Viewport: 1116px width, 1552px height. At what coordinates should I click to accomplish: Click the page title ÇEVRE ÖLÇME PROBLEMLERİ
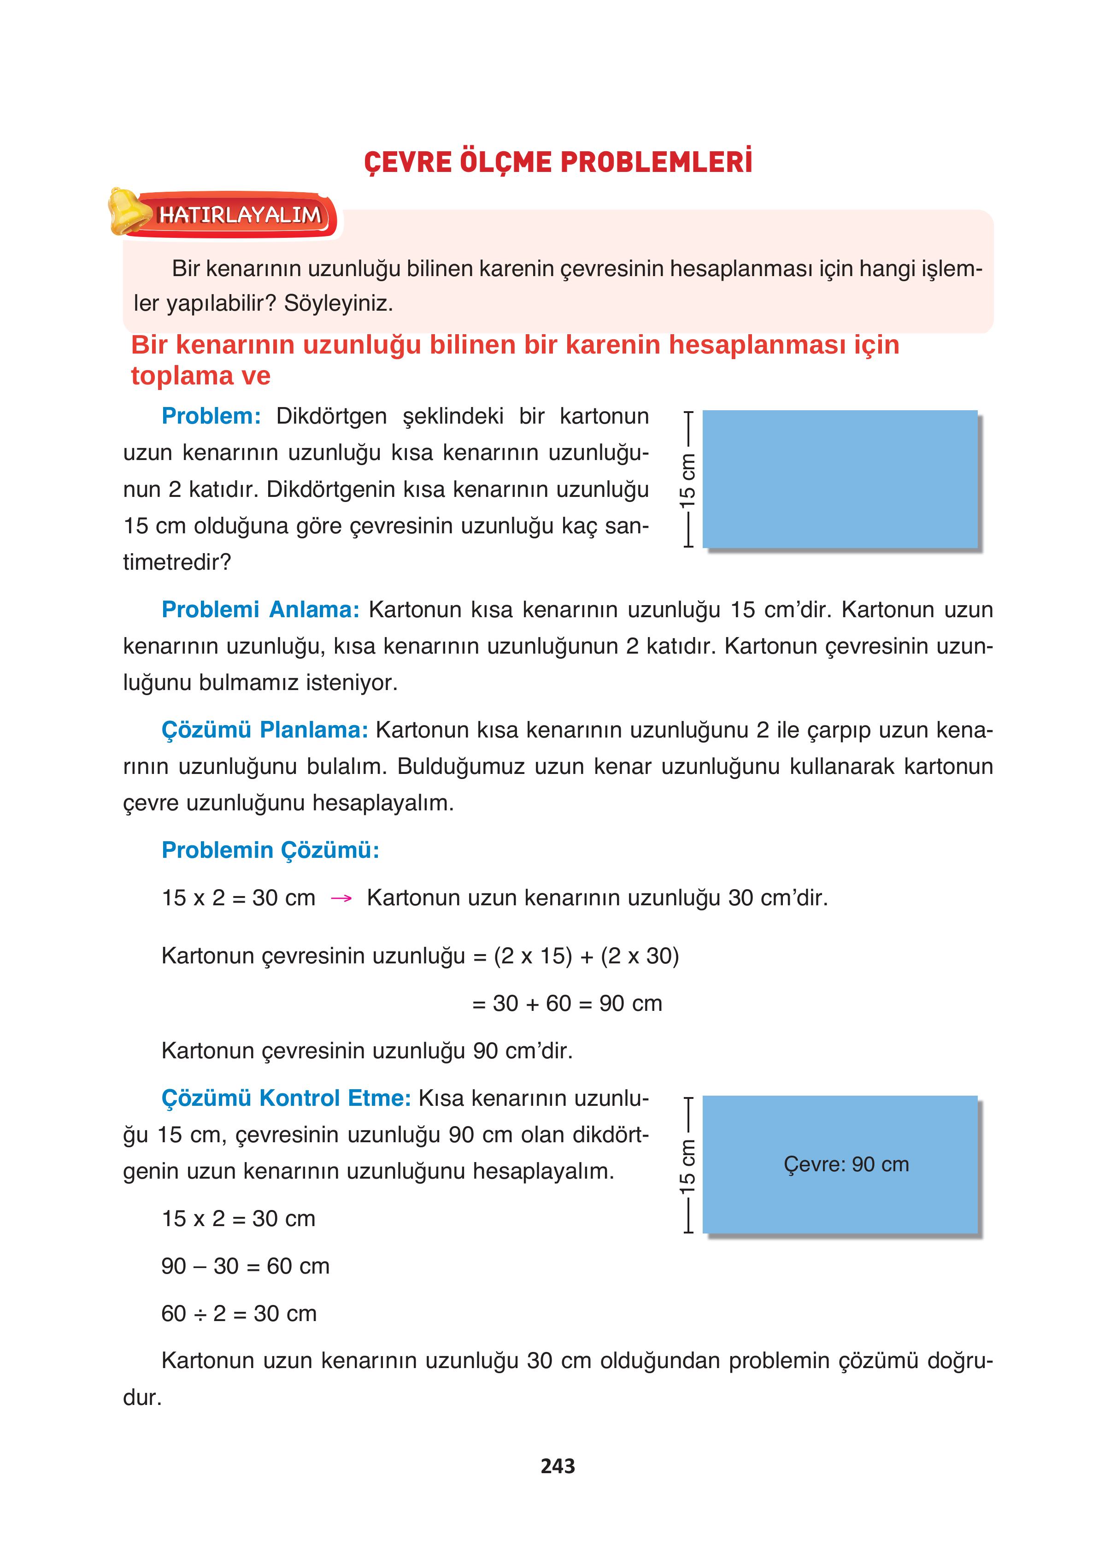(558, 163)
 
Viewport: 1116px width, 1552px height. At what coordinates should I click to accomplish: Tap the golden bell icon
(127, 212)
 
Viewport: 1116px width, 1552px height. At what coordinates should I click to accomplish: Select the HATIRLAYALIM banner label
(240, 215)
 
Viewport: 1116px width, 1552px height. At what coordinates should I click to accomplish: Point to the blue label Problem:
(211, 416)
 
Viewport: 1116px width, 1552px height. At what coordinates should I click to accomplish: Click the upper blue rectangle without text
(840, 479)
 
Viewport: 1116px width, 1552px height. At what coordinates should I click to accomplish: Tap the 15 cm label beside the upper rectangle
(687, 479)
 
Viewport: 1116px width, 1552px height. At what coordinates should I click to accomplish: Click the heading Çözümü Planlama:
(264, 730)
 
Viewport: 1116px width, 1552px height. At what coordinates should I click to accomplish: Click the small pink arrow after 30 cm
(341, 898)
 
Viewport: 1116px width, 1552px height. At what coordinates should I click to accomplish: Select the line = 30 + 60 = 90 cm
(567, 1003)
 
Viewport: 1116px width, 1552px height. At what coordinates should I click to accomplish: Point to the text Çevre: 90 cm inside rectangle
(846, 1164)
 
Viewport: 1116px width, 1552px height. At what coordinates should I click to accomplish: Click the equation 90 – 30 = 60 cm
(245, 1266)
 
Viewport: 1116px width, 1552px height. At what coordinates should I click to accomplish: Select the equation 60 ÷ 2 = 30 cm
(239, 1313)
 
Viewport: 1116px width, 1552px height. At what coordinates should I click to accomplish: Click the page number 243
(558, 1466)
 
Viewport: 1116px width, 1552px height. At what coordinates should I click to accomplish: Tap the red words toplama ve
(200, 376)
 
